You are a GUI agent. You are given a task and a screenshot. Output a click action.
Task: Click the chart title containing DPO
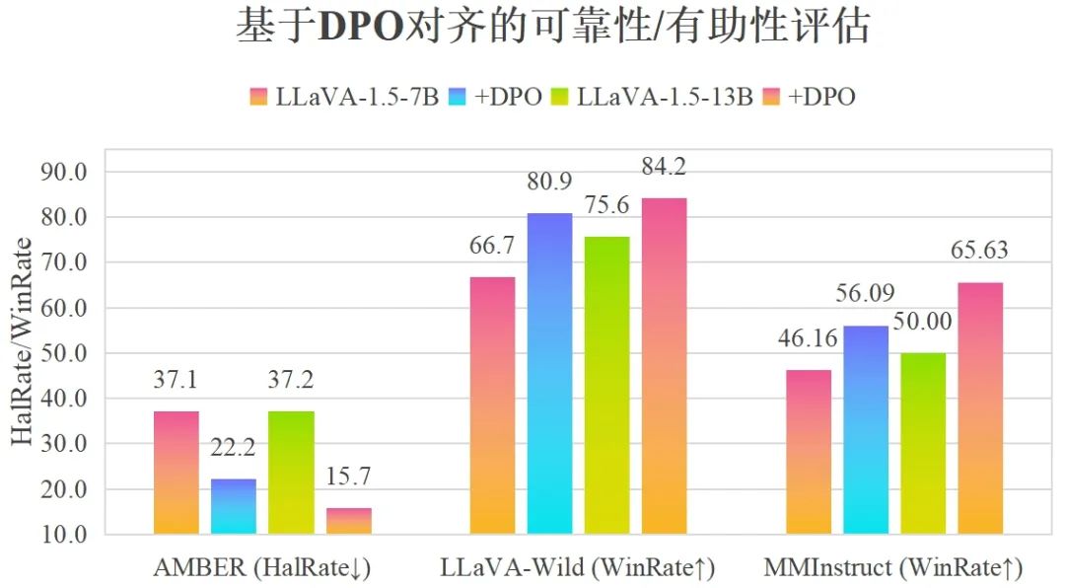[552, 27]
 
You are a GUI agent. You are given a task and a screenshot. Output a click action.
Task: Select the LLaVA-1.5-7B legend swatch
[259, 97]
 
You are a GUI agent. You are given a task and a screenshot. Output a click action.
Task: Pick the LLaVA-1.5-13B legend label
[665, 97]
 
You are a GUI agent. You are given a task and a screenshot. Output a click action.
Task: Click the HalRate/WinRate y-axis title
[22, 341]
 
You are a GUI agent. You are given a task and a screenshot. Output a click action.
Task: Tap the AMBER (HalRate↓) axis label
[262, 568]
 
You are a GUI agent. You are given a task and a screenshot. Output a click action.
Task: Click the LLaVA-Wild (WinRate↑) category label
[578, 568]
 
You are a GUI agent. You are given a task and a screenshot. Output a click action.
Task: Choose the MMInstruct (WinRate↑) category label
[893, 568]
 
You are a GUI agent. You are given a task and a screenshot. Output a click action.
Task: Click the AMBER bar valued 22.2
[234, 506]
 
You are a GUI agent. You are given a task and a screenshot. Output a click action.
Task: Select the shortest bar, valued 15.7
[348, 521]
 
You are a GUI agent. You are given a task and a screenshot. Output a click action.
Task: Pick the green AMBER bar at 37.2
[291, 473]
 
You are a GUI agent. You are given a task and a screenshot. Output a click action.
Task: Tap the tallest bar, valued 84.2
[664, 366]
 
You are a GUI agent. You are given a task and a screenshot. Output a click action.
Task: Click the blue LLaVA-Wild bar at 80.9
[549, 374]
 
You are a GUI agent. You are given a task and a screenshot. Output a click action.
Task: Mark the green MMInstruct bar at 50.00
[923, 444]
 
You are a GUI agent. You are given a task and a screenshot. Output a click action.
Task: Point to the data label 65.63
[980, 251]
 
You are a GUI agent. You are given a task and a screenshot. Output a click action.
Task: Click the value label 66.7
[492, 245]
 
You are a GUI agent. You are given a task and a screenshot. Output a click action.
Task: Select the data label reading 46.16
[809, 339]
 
